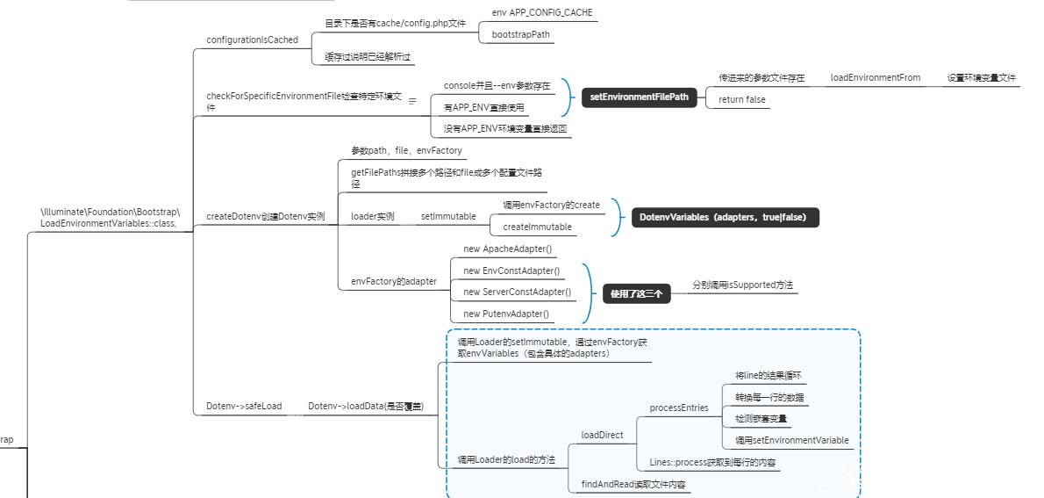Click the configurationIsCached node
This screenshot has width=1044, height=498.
coord(252,40)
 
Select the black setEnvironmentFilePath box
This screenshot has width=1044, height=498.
coord(639,97)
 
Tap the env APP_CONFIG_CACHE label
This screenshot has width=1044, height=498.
coord(541,13)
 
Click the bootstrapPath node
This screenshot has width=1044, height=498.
coord(520,35)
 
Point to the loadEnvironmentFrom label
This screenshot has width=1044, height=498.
coord(875,78)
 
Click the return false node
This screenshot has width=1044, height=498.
coord(741,100)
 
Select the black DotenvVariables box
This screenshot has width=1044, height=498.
coord(725,217)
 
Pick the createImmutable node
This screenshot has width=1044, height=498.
coord(537,227)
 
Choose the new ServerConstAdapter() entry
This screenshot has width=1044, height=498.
coord(517,292)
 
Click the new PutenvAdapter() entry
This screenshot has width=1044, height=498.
coord(505,314)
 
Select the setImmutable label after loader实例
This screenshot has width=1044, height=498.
coord(447,216)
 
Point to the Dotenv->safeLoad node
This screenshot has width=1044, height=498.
coord(244,407)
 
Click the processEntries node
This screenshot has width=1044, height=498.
coord(678,408)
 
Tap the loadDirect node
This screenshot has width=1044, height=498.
coord(602,435)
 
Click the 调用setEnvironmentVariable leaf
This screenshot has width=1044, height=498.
coord(791,441)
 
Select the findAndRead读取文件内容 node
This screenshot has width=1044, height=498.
coord(633,485)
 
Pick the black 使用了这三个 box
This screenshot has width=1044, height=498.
coord(636,294)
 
